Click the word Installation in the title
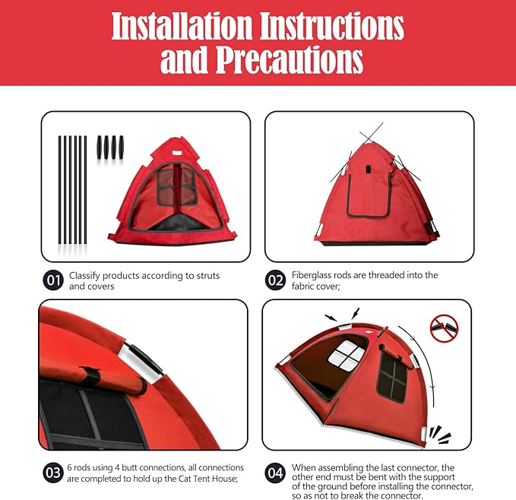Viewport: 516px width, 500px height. point(185,27)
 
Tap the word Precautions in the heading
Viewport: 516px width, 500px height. point(290,60)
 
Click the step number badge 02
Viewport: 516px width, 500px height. point(275,280)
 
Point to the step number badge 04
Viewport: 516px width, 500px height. point(275,472)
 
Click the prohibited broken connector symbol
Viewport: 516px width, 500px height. point(445,328)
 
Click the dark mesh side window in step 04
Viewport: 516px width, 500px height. point(394,378)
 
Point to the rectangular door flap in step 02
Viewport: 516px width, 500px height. point(369,195)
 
